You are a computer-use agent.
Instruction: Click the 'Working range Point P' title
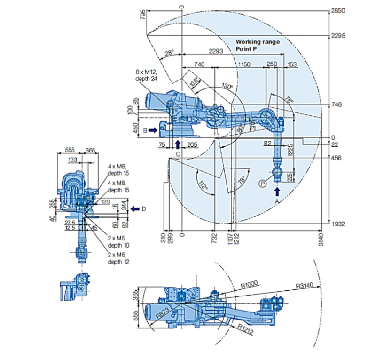[258, 45]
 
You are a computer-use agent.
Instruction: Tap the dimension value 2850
[338, 10]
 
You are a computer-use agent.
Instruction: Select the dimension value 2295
[338, 35]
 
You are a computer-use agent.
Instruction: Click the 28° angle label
[169, 54]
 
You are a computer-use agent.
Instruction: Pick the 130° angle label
[227, 87]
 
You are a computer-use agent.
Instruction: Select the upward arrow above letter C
[177, 143]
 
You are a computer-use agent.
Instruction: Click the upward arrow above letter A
[277, 191]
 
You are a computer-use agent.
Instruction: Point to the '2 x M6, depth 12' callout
[120, 258]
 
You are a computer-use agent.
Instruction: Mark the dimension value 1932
[338, 224]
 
